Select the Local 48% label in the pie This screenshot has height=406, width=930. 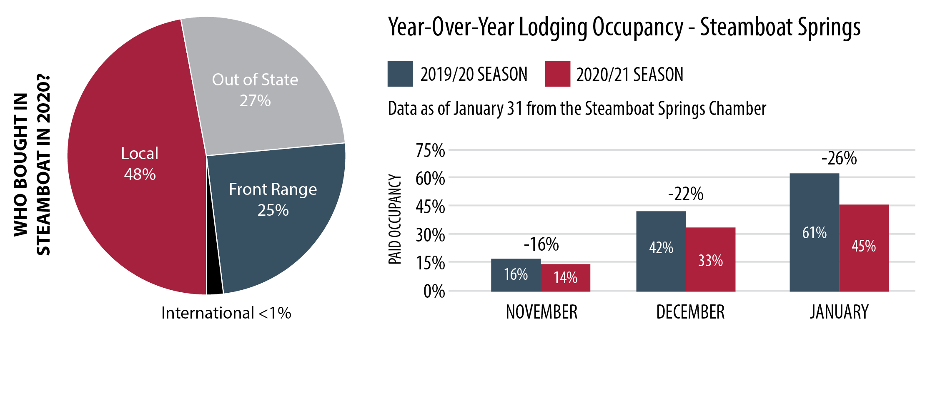tap(140, 164)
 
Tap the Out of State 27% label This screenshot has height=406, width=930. tap(255, 90)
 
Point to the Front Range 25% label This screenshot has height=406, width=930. tap(273, 199)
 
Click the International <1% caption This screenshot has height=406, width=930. tap(226, 313)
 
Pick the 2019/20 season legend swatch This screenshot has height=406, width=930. tap(400, 74)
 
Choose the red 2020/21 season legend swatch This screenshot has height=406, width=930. tap(557, 74)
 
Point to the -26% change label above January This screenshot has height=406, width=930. tap(839, 159)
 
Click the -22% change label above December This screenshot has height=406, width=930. tap(685, 194)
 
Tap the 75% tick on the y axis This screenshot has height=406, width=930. tap(430, 150)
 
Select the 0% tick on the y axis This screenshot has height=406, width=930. tap(434, 291)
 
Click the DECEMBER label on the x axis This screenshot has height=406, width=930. tap(690, 312)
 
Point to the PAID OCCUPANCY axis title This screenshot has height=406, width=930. tap(395, 219)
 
